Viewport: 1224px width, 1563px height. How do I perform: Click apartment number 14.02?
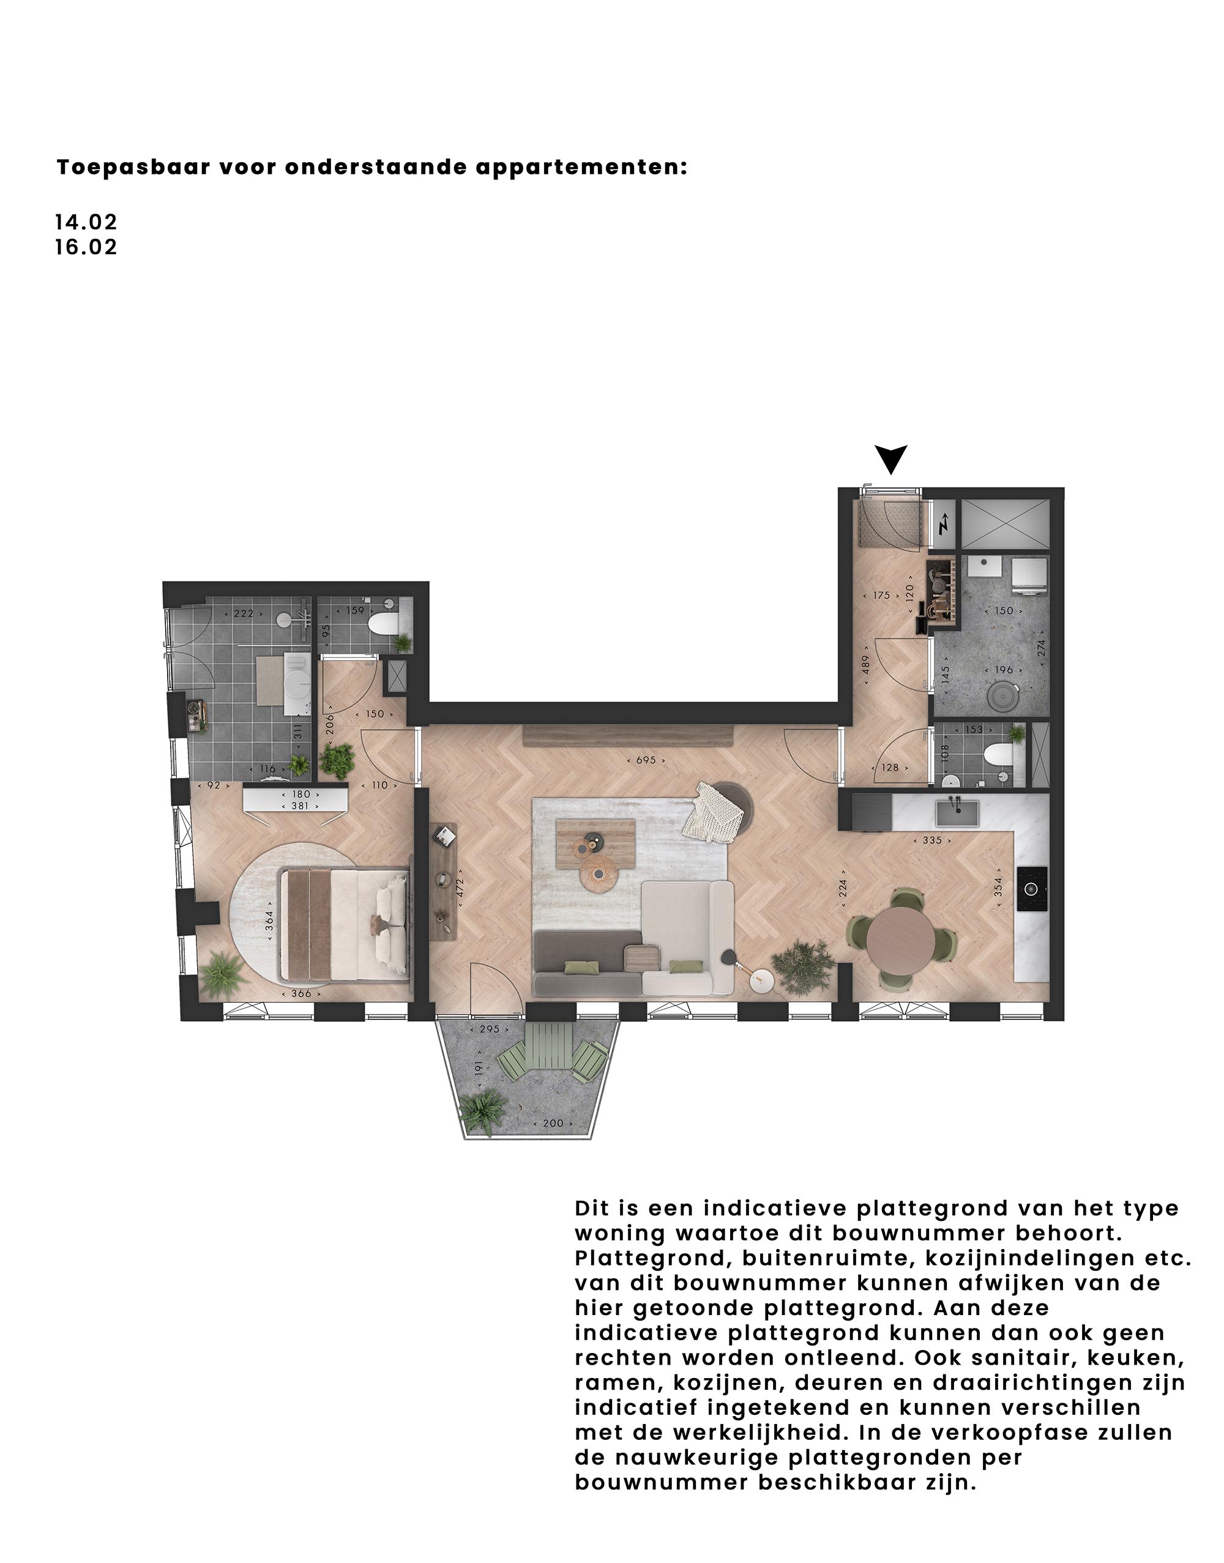[86, 222]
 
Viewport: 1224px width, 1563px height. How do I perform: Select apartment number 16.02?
[86, 247]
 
